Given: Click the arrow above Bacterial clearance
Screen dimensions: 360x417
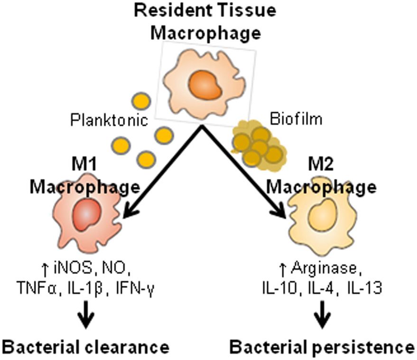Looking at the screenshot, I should tap(85, 316).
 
